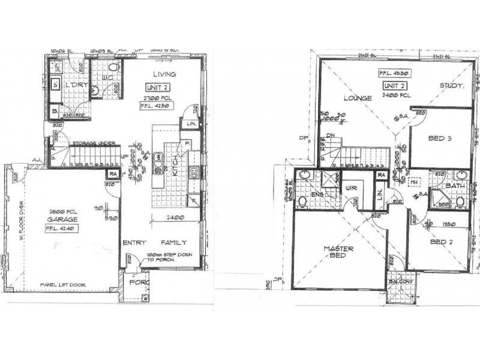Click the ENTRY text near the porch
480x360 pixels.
134,243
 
